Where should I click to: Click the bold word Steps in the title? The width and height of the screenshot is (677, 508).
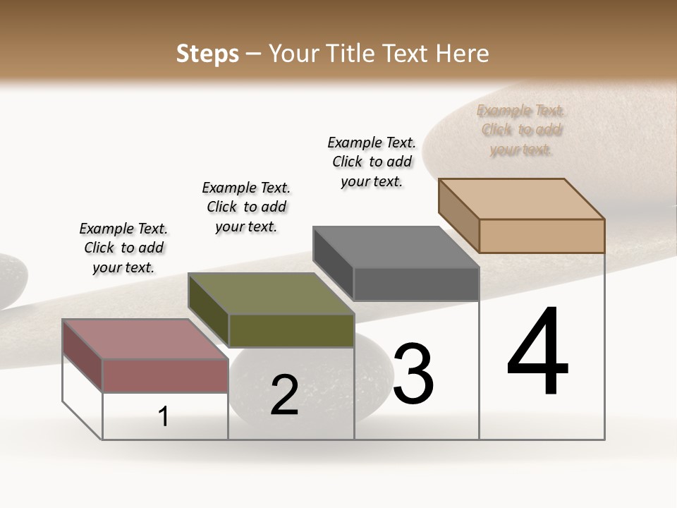coord(207,54)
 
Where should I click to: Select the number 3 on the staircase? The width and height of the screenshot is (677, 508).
coord(413,374)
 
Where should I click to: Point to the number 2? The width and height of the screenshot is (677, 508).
coord(285,395)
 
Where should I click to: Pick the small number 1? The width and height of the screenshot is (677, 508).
coord(164,417)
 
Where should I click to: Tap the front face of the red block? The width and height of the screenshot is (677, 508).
coord(165,375)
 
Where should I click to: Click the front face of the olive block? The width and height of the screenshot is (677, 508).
coord(291,330)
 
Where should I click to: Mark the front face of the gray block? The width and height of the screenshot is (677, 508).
coord(416,284)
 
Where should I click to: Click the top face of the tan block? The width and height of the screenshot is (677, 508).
coord(522,198)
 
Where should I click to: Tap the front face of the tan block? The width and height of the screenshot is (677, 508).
coord(542,236)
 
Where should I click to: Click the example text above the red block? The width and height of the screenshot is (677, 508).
coord(123,248)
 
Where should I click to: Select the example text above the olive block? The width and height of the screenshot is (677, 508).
coord(246,207)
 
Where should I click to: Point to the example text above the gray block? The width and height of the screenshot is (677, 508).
coord(372,162)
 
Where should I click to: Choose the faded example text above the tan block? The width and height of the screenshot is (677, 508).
coord(521,130)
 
